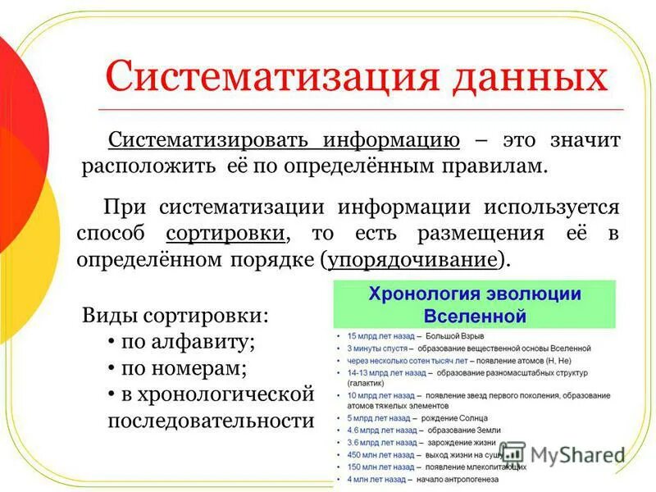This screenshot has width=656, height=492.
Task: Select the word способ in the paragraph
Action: pos(115,233)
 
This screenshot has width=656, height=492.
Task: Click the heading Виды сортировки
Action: pos(175,316)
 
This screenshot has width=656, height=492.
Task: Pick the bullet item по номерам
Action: pos(184,368)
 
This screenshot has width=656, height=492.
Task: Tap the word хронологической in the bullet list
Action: pos(217,394)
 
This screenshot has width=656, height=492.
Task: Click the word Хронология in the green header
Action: pos(423,294)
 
